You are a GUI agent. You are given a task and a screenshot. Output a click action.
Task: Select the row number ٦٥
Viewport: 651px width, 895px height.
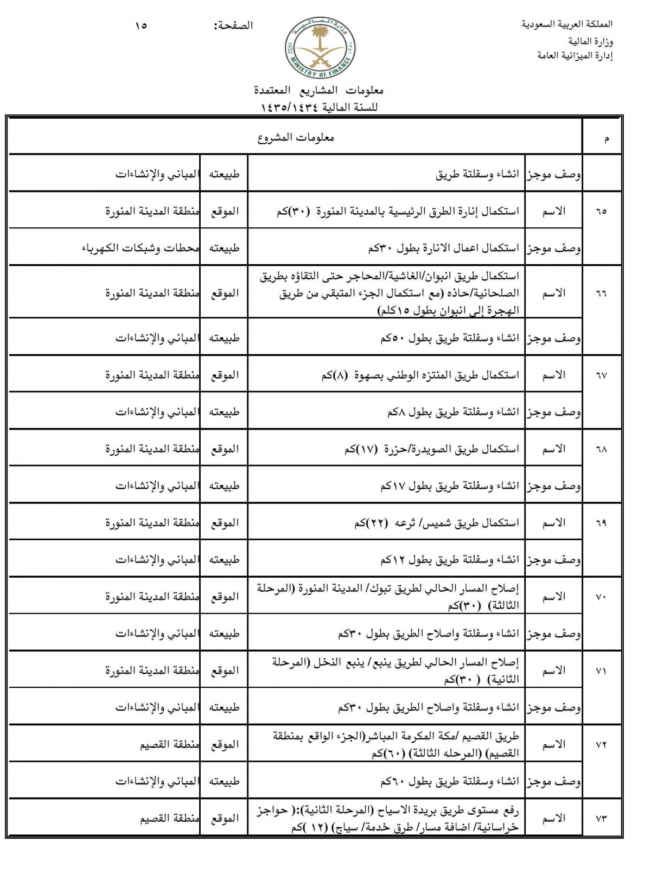coord(601,211)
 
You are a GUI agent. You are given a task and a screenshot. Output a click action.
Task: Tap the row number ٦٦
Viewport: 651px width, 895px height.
coord(601,293)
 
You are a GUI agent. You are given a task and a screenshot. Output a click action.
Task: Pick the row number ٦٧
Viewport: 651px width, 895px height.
coord(601,375)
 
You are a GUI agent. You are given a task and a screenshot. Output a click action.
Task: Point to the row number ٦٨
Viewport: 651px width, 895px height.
coord(601,449)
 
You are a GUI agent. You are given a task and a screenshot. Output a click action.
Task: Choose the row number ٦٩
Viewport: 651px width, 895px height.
coord(601,523)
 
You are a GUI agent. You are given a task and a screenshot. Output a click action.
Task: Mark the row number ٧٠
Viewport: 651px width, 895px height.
coord(601,597)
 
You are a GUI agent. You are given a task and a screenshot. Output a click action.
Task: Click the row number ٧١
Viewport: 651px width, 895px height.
coord(601,671)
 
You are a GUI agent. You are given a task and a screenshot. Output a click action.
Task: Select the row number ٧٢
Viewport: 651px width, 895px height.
coord(601,745)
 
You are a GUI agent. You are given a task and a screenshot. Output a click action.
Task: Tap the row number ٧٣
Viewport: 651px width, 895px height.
coord(601,819)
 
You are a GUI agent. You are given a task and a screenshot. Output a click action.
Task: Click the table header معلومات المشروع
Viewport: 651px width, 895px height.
coord(296,138)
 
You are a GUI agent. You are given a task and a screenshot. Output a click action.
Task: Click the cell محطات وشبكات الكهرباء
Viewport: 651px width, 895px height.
coord(141,248)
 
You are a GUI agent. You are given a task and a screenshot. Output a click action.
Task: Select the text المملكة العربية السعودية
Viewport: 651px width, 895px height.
coord(567,24)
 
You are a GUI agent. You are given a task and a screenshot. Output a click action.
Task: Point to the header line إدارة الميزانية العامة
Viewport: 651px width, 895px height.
coord(575,55)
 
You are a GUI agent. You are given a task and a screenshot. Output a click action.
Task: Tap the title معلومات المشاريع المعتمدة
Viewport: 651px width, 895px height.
coord(318,90)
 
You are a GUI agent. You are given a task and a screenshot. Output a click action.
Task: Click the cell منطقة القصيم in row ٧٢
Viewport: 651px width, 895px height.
coord(169,745)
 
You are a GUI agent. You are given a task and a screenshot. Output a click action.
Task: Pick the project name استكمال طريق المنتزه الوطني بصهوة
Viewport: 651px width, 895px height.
coord(420,375)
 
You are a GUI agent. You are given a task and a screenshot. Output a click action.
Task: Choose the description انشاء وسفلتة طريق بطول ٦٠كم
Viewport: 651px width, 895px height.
coord(450,782)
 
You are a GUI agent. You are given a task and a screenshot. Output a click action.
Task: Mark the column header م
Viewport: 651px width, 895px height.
coord(606,139)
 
